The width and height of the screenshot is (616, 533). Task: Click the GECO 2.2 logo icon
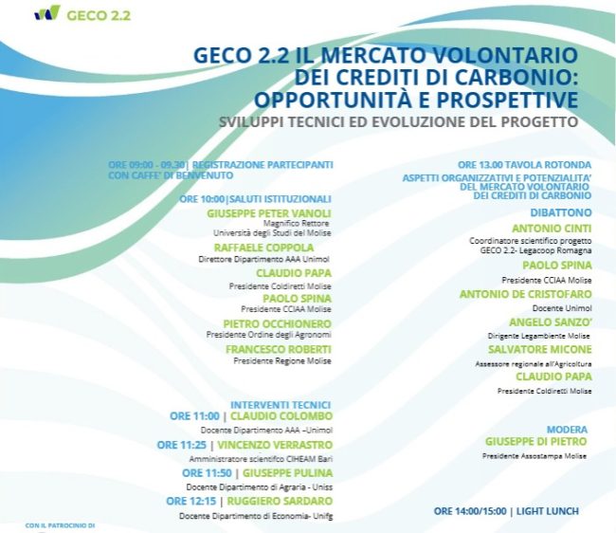coord(47,12)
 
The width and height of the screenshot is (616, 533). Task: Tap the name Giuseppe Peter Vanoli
coord(269,213)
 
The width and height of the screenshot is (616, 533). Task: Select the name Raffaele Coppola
coord(264,248)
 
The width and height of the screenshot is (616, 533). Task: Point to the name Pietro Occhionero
coord(278,324)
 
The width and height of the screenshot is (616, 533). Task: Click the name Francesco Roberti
coord(279,349)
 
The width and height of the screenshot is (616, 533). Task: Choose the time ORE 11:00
coord(194,415)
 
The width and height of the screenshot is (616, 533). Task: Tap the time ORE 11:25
coord(182,445)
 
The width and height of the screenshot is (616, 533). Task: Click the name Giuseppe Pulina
coord(287,473)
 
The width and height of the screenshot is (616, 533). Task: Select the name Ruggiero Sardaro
coord(280,501)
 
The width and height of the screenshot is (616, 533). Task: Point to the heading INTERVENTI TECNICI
coord(281,405)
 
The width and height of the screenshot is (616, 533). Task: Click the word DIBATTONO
coord(561,212)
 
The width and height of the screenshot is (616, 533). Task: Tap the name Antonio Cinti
coord(552,229)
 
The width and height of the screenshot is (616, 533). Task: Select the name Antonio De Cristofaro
coord(526,294)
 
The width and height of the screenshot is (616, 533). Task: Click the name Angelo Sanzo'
coord(551,322)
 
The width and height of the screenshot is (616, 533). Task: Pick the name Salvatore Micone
coord(540,349)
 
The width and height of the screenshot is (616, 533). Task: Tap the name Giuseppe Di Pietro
coord(535,441)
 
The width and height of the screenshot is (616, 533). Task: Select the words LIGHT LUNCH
coord(547,511)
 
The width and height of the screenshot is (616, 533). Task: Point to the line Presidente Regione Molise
coord(282,360)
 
